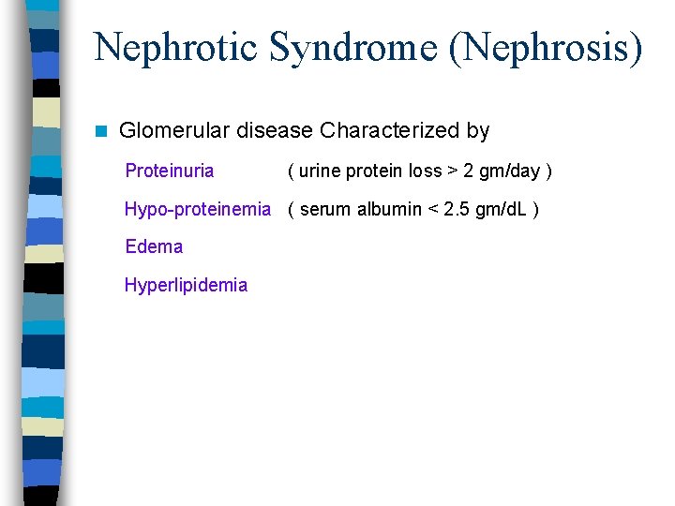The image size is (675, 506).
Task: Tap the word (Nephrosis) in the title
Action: tap(547, 47)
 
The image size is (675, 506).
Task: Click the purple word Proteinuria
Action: tap(169, 171)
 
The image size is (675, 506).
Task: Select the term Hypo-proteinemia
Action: tap(197, 209)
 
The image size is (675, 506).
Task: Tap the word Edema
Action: tap(154, 246)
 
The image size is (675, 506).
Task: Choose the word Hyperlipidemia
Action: tap(186, 285)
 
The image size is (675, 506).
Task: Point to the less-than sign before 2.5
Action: tap(432, 209)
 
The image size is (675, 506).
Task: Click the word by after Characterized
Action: tap(478, 131)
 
